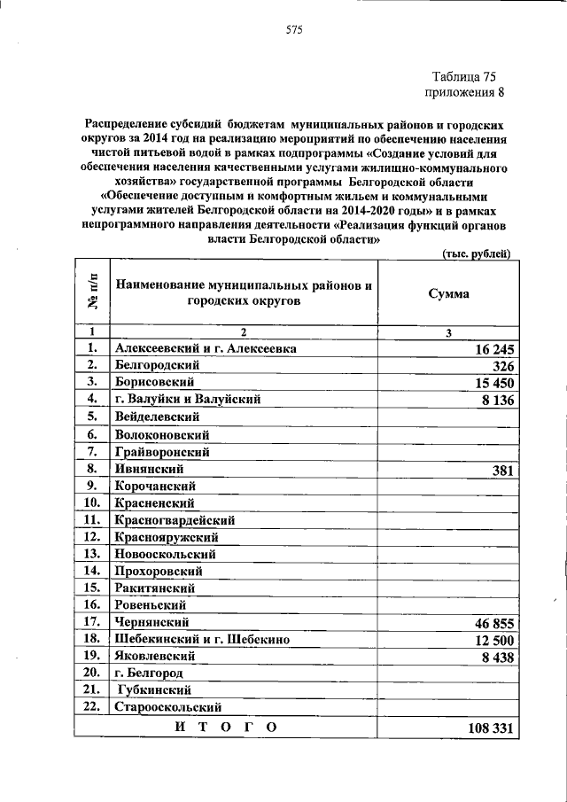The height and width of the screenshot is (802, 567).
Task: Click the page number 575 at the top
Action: click(294, 30)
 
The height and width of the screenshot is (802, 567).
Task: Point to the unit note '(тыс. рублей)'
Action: click(476, 254)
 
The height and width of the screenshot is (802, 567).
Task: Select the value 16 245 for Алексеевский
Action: click(489, 350)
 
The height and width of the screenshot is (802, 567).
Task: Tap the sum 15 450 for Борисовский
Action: click(489, 384)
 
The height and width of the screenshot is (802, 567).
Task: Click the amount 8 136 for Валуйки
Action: click(493, 401)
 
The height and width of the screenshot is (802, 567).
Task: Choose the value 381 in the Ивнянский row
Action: click(501, 471)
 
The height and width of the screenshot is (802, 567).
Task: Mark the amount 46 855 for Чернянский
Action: click(489, 624)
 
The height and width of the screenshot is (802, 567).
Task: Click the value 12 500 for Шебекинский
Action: click(489, 641)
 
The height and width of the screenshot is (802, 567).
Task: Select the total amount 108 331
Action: click(485, 728)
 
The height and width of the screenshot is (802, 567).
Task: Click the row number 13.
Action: click(91, 554)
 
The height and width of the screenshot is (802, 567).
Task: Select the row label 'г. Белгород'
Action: click(149, 674)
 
